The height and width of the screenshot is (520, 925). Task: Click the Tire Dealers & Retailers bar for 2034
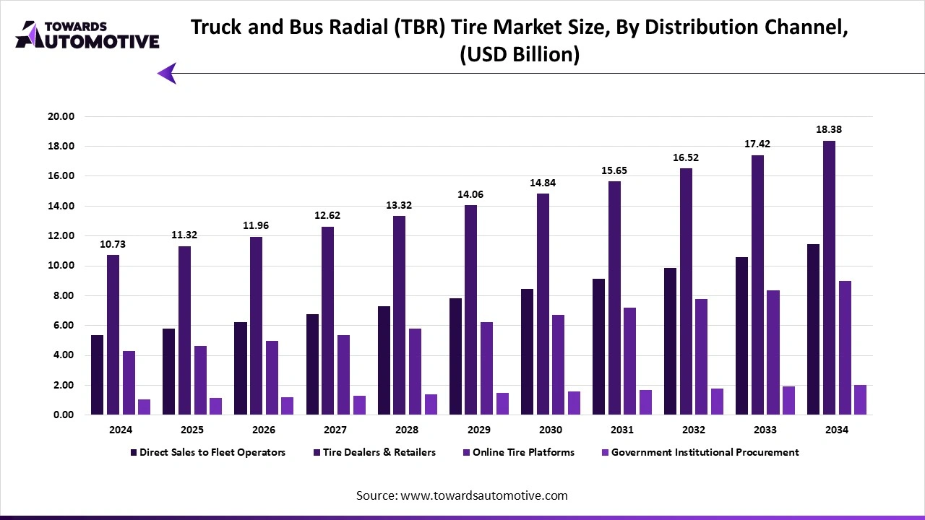(829, 278)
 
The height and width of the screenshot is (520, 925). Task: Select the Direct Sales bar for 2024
(98, 375)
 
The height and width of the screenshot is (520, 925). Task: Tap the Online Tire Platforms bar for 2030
(559, 365)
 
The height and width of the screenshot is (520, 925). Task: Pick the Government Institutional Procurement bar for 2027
(359, 405)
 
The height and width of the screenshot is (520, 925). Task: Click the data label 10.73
(113, 244)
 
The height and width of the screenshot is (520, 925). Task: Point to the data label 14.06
(470, 194)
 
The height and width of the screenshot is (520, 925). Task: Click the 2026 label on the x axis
(264, 430)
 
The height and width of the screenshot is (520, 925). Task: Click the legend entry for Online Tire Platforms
(523, 452)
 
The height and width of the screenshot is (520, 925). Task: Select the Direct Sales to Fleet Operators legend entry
(212, 452)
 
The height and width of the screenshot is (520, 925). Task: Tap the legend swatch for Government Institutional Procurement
(605, 453)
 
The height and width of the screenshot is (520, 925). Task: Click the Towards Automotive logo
(87, 35)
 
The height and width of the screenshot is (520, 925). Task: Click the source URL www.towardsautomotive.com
(483, 495)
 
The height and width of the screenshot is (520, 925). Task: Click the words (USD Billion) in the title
(520, 55)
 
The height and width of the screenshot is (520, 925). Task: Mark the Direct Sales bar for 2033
(742, 336)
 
